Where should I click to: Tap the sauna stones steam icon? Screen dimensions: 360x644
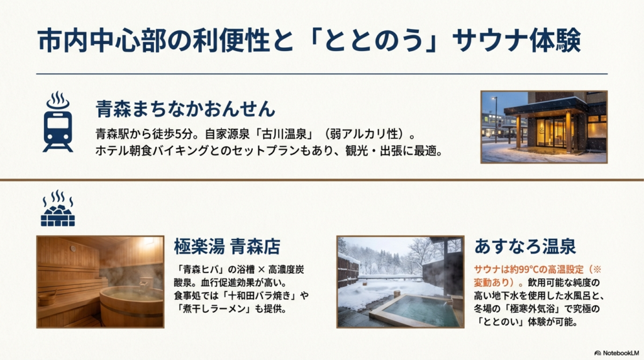57,208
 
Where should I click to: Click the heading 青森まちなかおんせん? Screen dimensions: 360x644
186,109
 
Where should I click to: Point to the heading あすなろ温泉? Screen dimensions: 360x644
525,245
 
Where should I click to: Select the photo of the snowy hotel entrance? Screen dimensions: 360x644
543,127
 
